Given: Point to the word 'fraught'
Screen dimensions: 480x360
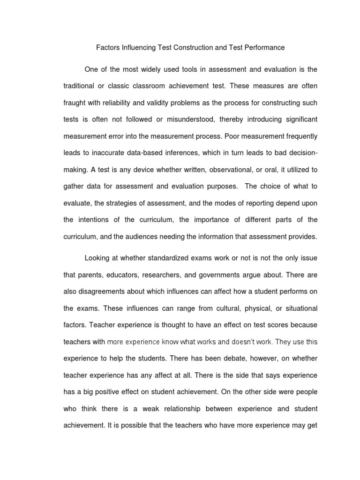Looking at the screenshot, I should [75, 103].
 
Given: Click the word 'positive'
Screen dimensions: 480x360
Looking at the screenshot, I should [117, 391].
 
